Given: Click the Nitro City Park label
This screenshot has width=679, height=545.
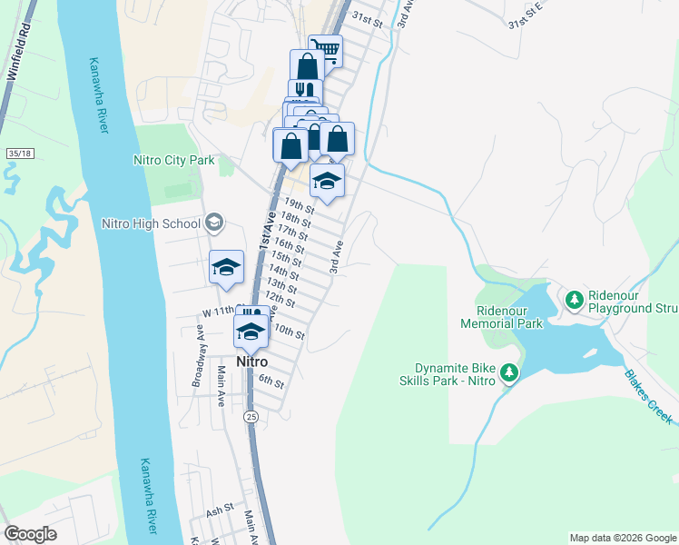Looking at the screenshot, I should coord(173,161).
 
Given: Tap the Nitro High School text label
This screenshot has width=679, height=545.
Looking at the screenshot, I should coord(151,223).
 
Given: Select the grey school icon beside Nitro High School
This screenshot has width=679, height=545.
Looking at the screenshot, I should coord(214,222).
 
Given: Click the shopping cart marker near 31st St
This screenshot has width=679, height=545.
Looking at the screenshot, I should coord(325,49).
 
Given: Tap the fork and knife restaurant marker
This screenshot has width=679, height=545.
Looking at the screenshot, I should coord(305,92).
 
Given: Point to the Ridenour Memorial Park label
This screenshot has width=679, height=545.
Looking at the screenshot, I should coord(501,316).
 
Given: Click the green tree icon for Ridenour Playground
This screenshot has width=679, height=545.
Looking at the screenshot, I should coord(574,298).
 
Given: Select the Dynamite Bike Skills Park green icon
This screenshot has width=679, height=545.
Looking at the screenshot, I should coord(509,372).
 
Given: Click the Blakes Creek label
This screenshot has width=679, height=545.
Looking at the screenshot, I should coord(648,396).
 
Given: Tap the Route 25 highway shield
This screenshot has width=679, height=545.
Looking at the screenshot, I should coord(251,417).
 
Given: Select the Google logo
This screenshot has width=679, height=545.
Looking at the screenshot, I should coord(30,533).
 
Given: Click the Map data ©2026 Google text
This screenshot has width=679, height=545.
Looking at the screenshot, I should coord(622,538).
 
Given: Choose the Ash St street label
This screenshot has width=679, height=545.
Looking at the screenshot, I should coord(220,511).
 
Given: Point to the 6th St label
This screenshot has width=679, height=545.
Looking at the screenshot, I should coord(271,382).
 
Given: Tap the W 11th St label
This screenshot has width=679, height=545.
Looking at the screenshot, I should coord(218,313).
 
